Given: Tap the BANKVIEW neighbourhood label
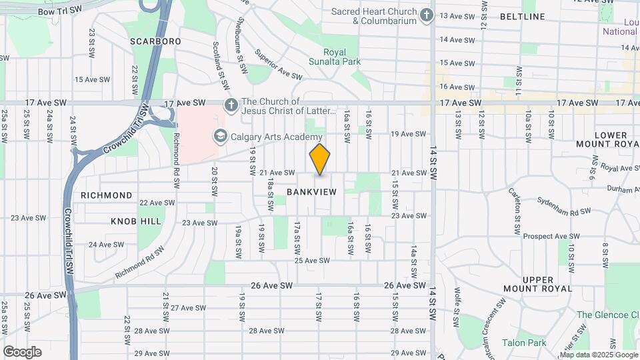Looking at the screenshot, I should pos(311,192).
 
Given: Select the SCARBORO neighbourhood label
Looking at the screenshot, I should pos(155,41).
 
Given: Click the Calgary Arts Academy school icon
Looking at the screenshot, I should pos(219,137).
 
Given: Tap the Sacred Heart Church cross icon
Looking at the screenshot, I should pos(427,15).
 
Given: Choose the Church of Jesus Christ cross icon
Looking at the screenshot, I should pos(231,105).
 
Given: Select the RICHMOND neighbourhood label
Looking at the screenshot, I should pos(107,195).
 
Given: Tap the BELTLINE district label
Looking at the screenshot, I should pos(541,16).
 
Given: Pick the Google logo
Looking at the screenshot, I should pos(22,351).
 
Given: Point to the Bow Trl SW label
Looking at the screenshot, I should pos(60,11).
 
